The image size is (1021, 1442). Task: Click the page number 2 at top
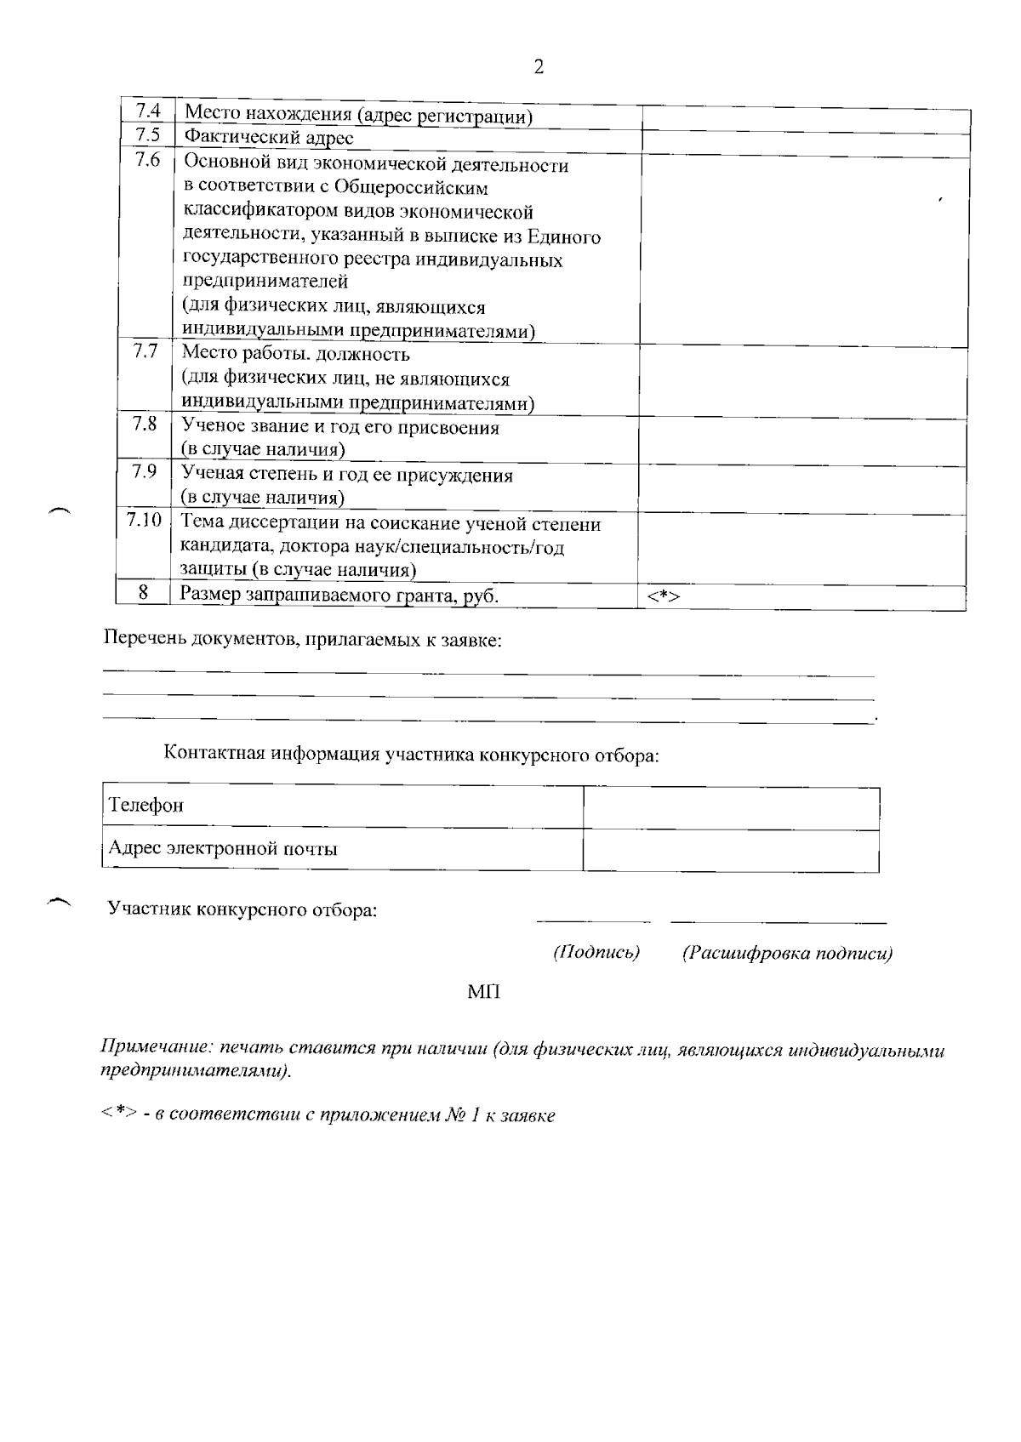tap(538, 68)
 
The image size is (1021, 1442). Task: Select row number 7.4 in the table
tap(147, 111)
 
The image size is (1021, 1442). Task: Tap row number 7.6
tap(147, 160)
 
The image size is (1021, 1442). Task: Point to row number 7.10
tap(144, 519)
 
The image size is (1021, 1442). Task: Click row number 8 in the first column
tap(144, 592)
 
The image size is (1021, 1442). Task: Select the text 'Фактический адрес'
tap(268, 138)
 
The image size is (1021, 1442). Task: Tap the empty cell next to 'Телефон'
tap(731, 806)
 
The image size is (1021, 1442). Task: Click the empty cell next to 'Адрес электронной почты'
tap(731, 850)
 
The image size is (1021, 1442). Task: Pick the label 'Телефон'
tap(145, 805)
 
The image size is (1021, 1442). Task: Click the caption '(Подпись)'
tap(596, 953)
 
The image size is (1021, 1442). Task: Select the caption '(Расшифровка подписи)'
tap(787, 954)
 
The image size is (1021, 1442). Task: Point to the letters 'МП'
tap(483, 992)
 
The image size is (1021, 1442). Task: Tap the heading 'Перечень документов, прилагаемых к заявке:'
tap(302, 640)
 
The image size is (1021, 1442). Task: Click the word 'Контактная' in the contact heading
tap(214, 754)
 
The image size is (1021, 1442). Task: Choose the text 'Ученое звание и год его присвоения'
tap(340, 427)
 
